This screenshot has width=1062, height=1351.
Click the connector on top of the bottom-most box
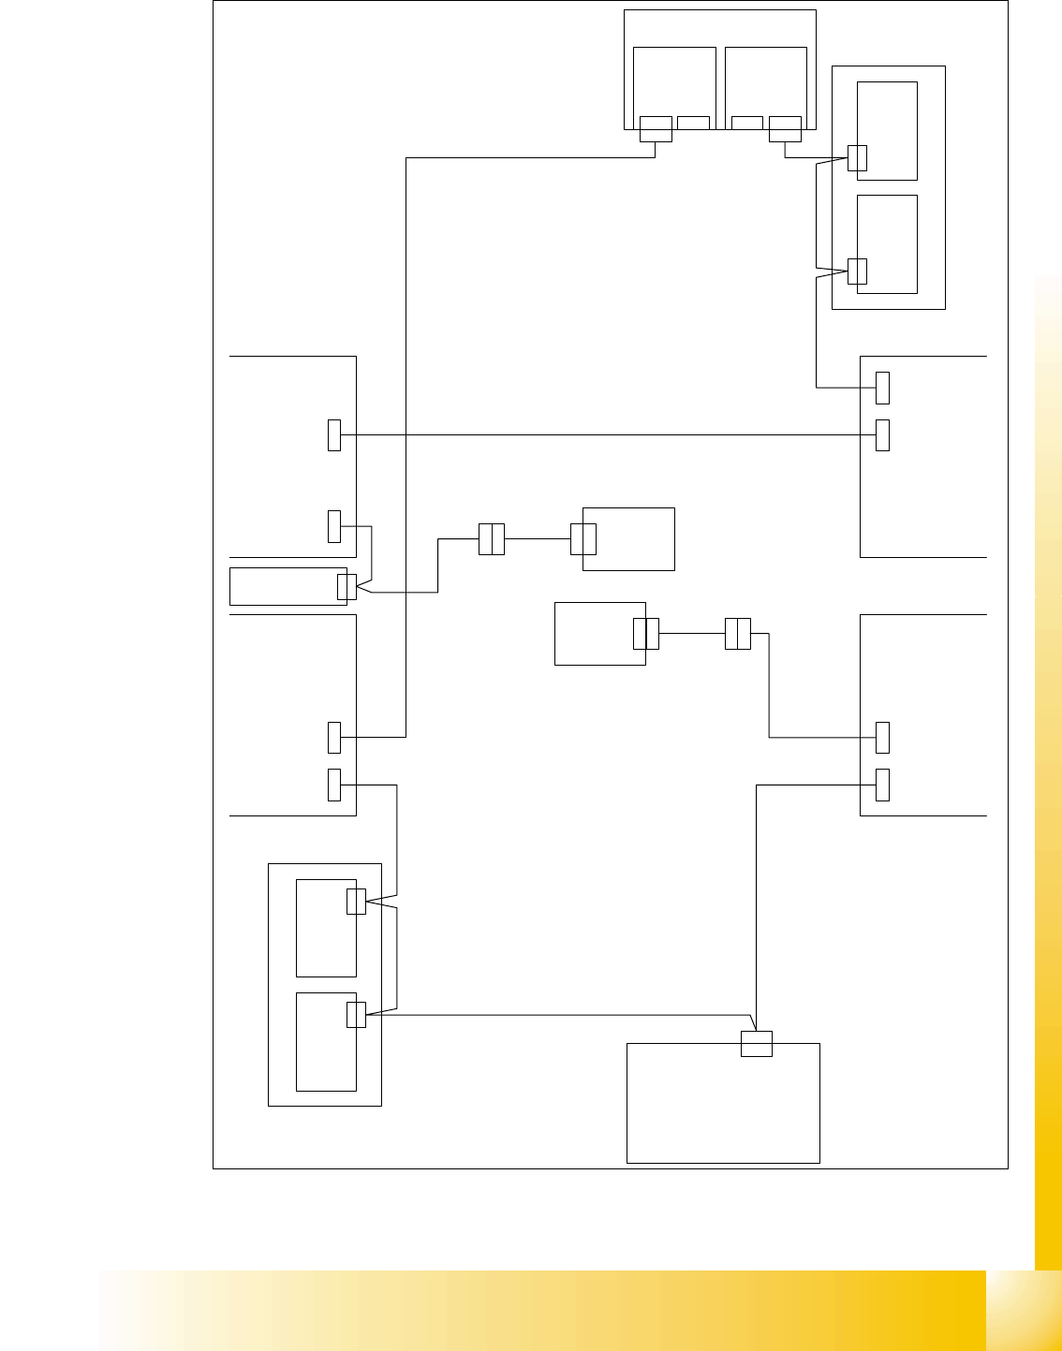757,1043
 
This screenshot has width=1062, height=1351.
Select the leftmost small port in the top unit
656,128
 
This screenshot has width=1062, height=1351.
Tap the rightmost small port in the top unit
785,128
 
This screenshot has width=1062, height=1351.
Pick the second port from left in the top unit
693,123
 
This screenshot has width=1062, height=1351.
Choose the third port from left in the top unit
746,123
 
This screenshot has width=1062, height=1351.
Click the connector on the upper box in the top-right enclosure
857,158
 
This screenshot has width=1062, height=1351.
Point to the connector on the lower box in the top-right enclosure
857,271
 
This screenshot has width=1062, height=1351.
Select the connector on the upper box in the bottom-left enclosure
356,901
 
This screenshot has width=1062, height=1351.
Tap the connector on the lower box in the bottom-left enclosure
356,1014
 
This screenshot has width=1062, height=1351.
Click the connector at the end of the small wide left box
347,587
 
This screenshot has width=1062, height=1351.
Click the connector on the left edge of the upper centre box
583,539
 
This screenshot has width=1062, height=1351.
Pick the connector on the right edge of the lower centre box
646,634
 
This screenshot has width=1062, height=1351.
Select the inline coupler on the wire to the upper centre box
492,539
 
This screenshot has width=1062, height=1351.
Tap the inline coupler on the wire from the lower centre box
738,634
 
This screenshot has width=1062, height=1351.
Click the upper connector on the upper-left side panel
334,435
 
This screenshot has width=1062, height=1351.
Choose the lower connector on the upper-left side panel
334,526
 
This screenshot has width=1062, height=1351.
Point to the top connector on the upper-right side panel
882,388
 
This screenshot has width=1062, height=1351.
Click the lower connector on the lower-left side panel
334,785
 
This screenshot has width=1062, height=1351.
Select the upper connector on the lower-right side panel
882,738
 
